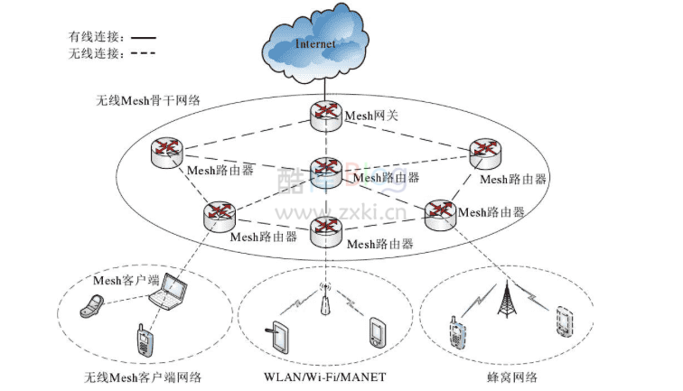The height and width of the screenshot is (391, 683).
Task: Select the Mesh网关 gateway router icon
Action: tap(324, 113)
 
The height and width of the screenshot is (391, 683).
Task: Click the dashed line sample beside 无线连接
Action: tap(142, 54)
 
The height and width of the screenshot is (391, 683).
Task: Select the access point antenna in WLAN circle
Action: tap(323, 303)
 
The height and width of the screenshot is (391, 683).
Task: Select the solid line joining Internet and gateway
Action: tap(323, 88)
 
